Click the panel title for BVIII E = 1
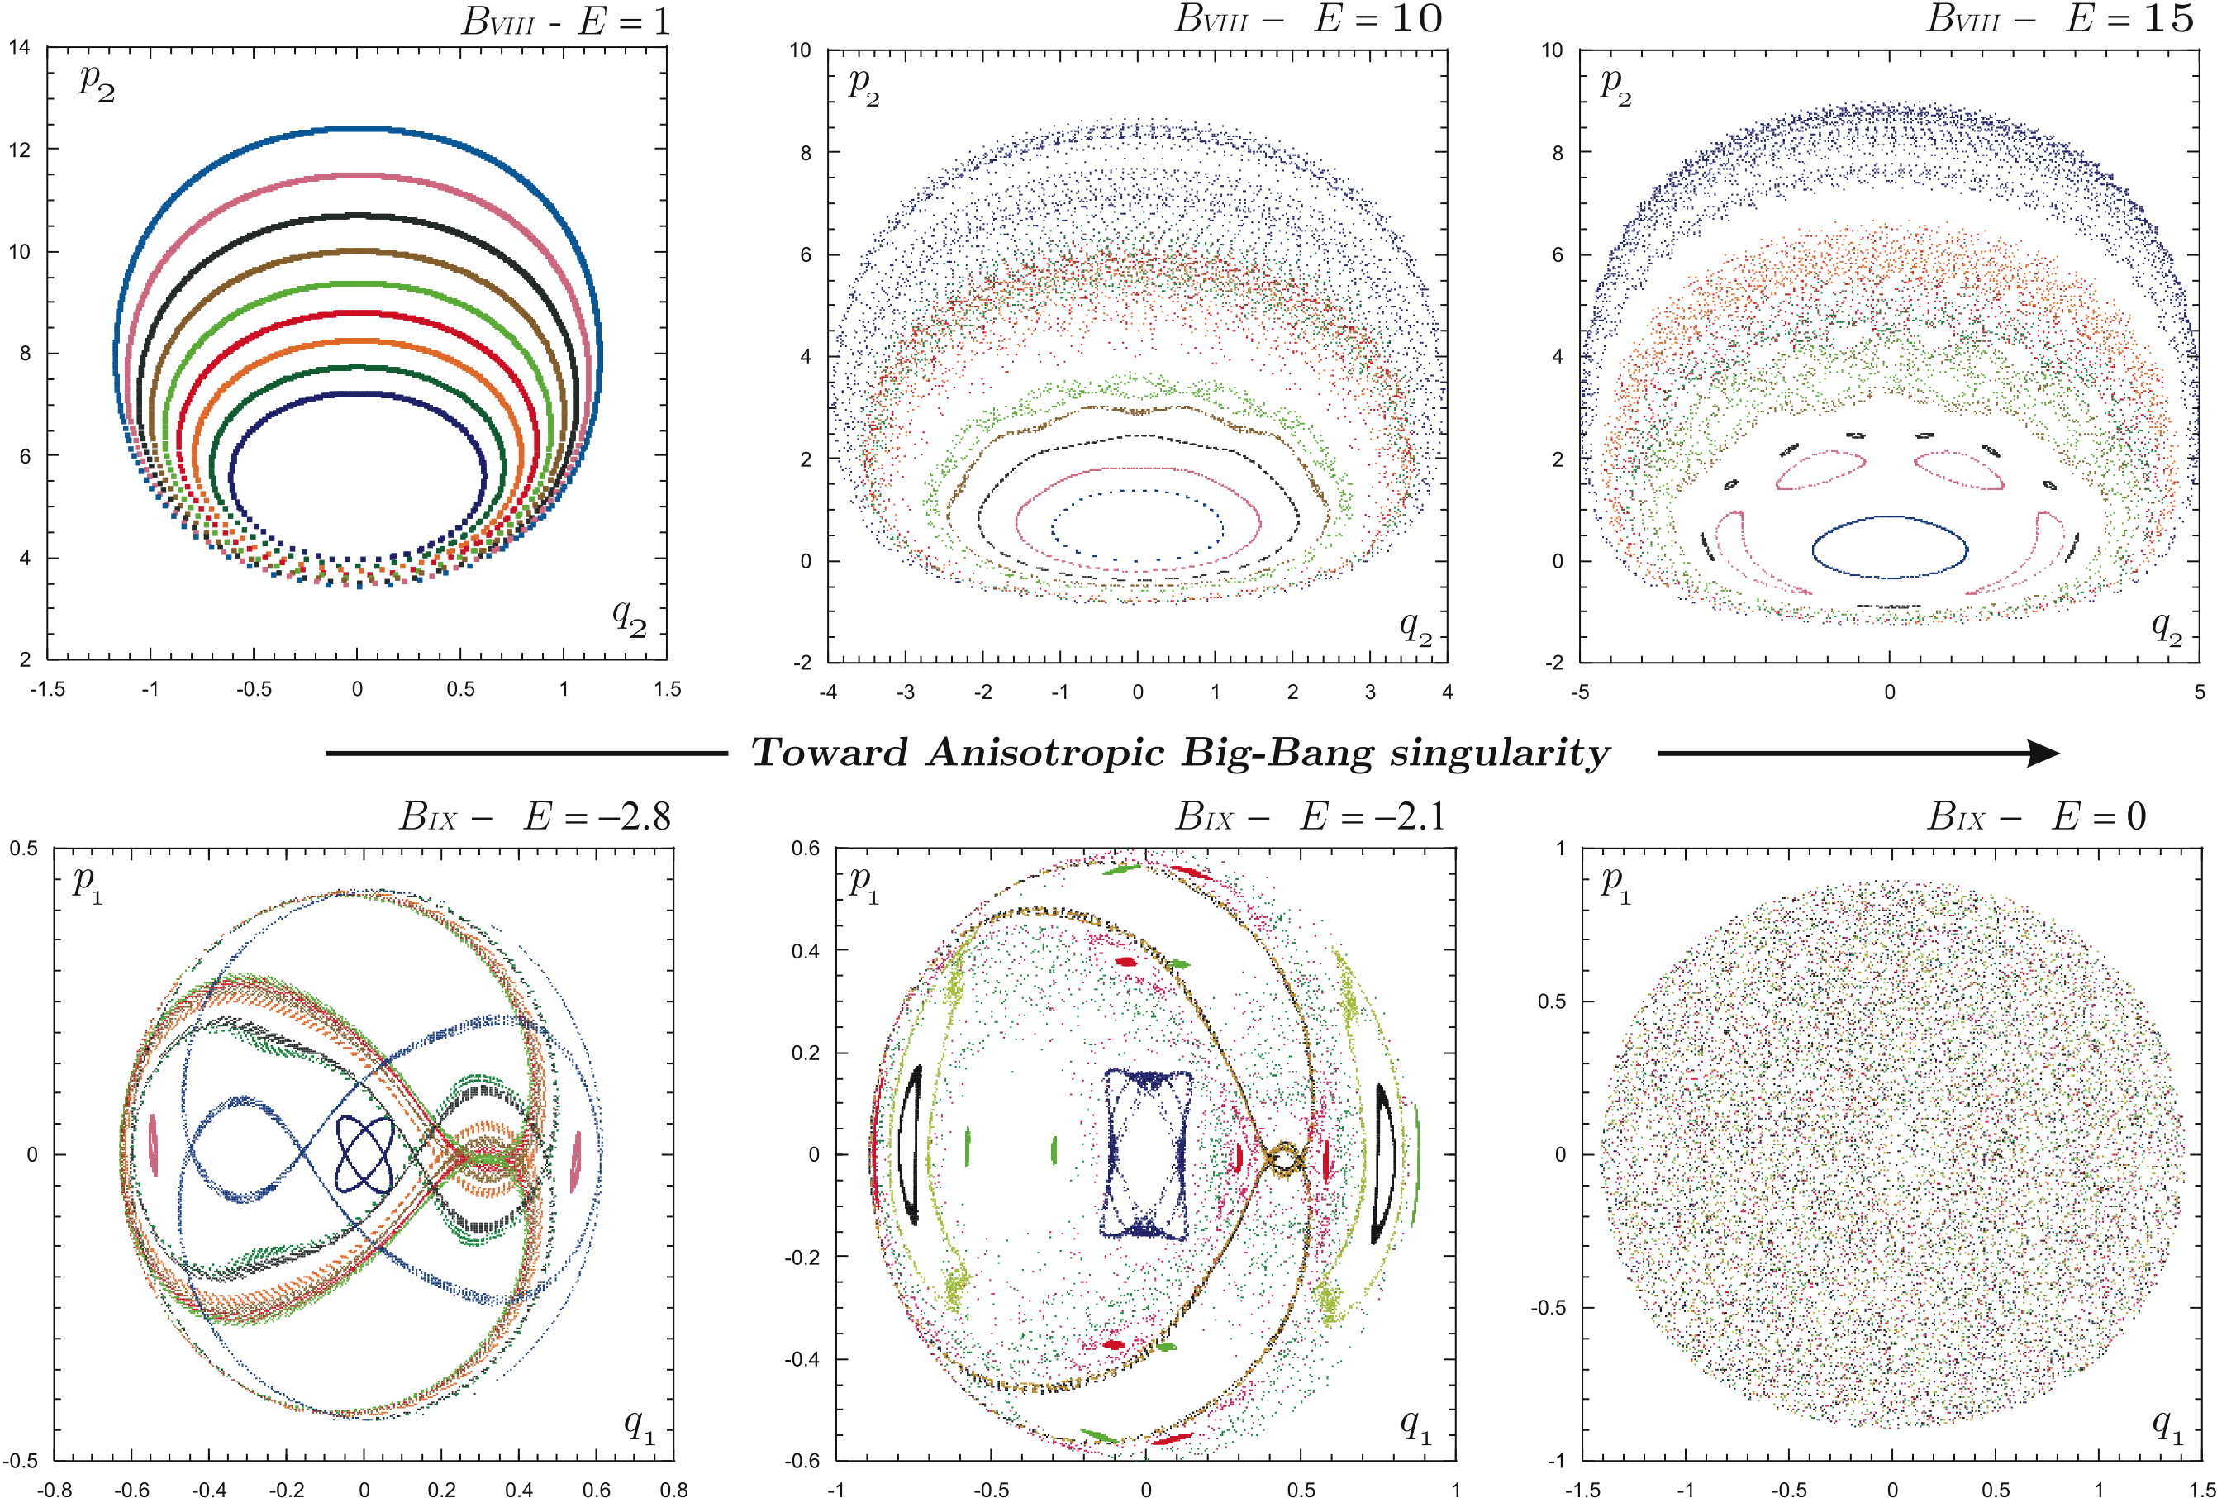566,21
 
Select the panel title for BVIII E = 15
2060,19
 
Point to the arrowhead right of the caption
2042,754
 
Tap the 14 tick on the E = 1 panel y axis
19,47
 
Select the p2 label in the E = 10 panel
863,86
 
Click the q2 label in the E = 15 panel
2167,628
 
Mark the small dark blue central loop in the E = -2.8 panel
364,1154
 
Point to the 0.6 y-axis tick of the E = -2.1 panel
806,849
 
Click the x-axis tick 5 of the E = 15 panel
2199,692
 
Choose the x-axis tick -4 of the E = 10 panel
827,692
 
